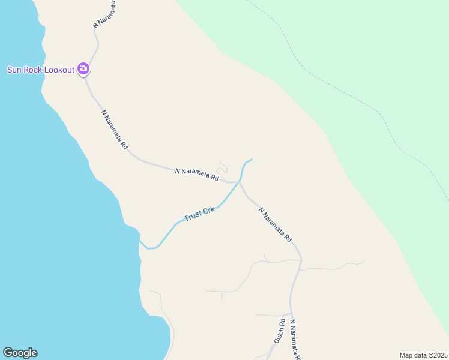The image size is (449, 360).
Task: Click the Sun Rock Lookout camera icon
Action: [x=83, y=69]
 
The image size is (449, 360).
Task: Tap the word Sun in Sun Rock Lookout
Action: [x=14, y=70]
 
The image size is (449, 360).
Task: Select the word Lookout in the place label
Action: [x=59, y=70]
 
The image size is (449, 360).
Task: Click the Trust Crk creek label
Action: [x=199, y=214]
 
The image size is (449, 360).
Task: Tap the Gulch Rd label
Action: [x=279, y=331]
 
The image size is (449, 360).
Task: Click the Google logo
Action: [x=20, y=353]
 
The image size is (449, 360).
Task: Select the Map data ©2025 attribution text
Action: [x=424, y=355]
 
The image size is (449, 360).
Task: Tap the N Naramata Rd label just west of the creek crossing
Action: [x=196, y=175]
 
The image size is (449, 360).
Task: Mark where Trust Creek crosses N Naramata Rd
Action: [x=240, y=182]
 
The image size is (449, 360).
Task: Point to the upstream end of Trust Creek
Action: [x=252, y=159]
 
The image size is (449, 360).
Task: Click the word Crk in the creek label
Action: [x=208, y=211]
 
